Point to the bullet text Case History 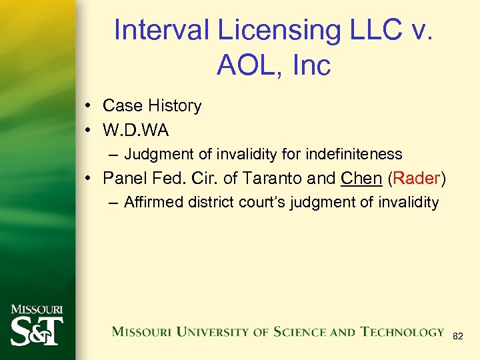click(152, 106)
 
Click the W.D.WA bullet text click(136, 130)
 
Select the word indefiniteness click(354, 155)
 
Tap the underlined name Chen click(361, 179)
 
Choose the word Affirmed click(153, 203)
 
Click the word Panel click(125, 179)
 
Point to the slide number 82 click(457, 337)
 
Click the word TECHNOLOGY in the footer click(402, 331)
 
